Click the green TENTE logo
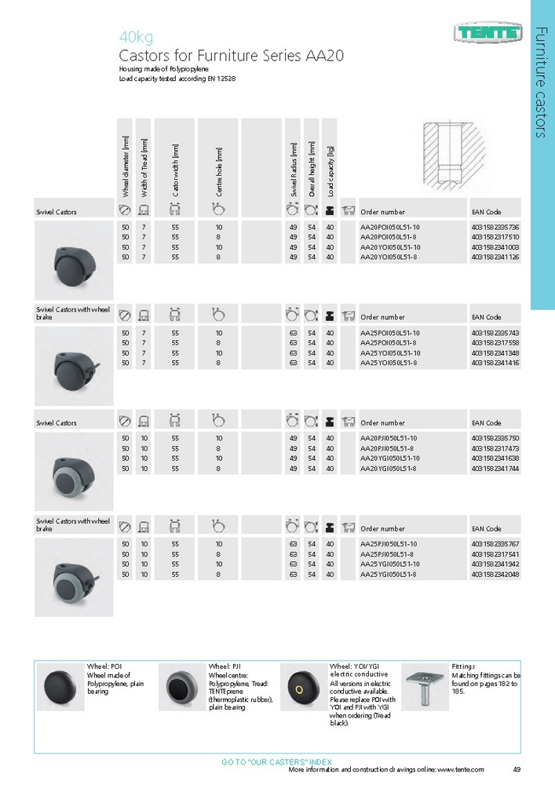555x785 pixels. tap(487, 32)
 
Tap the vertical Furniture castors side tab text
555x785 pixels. tap(541, 82)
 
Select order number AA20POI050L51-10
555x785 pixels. tap(389, 227)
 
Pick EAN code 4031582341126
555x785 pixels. tap(495, 257)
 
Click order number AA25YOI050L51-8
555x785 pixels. tap(388, 363)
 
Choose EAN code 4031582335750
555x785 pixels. tap(495, 438)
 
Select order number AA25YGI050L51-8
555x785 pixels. tap(388, 574)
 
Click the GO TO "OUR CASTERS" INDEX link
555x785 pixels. tap(277, 761)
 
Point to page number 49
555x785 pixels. tap(517, 769)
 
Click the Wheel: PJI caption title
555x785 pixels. tap(225, 666)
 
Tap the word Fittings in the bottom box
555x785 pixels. tap(465, 666)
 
